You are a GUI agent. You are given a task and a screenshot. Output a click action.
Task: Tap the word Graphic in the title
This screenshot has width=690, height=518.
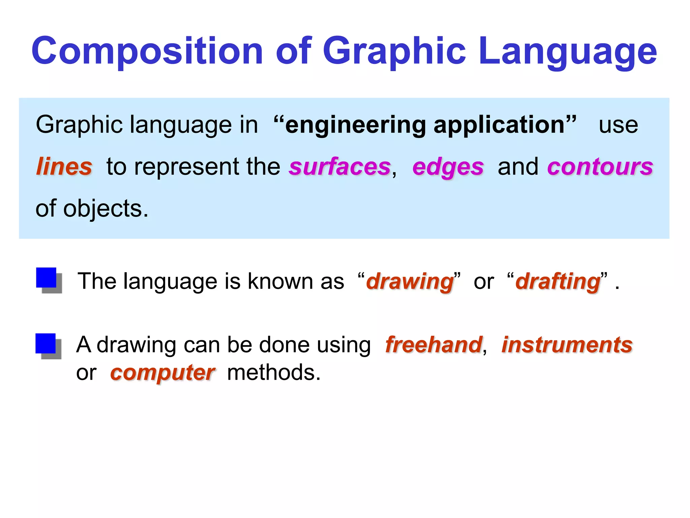point(394,51)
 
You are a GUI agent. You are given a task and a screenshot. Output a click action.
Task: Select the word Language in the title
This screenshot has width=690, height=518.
point(567,51)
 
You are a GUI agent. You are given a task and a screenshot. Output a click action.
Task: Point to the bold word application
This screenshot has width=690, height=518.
point(499,125)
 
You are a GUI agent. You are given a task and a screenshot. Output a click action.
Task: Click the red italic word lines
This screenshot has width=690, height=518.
point(64,167)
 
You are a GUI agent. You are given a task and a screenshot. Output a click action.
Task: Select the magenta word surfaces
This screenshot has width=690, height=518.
point(340,167)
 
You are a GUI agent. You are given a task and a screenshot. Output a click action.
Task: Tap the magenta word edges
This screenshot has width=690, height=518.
point(448,167)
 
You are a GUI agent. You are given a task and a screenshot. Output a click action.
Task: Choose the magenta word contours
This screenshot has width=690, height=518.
point(600,167)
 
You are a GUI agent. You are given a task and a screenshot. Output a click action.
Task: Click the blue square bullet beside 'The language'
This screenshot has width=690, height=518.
point(46,278)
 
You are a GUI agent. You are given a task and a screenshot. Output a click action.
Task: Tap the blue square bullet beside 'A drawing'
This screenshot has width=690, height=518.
point(46,344)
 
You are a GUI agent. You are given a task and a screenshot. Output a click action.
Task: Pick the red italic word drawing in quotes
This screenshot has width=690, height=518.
point(410,282)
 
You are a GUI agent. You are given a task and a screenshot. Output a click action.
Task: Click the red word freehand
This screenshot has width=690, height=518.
point(434,345)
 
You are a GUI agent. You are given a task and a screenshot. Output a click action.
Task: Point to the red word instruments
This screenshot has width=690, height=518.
point(567,345)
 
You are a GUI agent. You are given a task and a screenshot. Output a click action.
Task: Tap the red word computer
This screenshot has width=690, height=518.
point(162,373)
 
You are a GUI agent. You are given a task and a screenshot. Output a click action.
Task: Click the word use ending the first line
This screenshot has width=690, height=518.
point(618,125)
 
